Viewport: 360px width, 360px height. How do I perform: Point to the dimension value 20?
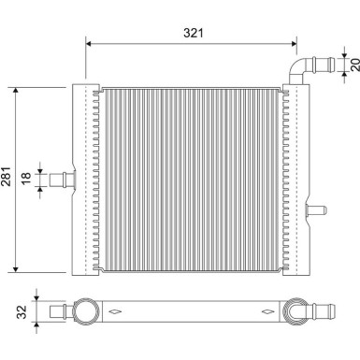(x=353, y=64)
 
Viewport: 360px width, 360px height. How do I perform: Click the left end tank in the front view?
(x=84, y=179)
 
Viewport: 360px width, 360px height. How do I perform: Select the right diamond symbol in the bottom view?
(x=266, y=311)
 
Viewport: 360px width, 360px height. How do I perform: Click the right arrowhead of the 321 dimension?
(x=297, y=42)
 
